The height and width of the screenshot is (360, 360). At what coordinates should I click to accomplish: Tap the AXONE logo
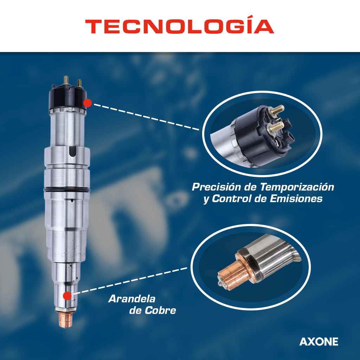click(319, 342)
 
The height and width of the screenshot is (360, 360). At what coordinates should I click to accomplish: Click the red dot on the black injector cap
click(88, 103)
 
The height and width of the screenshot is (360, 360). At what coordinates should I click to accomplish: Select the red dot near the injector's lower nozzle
click(67, 296)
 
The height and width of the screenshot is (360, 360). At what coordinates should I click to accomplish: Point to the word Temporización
click(297, 187)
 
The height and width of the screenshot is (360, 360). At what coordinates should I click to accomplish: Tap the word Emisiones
click(296, 199)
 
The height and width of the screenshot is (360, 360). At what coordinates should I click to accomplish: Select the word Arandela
click(132, 299)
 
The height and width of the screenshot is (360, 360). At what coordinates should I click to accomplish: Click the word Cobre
click(160, 310)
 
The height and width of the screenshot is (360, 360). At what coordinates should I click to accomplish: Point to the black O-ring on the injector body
click(67, 190)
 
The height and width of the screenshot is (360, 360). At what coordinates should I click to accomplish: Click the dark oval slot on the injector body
click(72, 152)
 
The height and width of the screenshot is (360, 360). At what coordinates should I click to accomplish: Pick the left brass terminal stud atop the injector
click(66, 80)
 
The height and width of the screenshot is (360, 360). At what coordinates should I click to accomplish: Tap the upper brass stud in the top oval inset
click(277, 110)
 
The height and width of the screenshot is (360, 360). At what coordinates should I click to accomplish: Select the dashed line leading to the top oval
click(146, 117)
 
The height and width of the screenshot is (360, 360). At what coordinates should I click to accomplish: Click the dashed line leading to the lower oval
click(130, 281)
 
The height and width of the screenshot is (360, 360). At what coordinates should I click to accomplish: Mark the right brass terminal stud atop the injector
click(79, 83)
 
